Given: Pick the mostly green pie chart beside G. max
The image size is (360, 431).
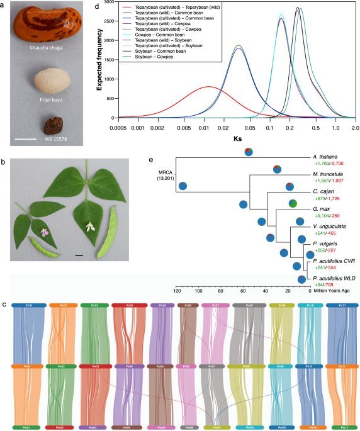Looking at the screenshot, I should pos(293,203).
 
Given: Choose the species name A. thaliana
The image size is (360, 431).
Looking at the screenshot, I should pos(327,155).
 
